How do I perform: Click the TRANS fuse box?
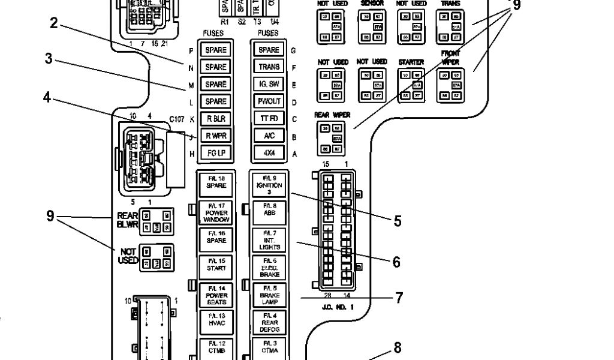tap(269, 67)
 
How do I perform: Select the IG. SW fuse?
tap(269, 85)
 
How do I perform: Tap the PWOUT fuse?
tap(269, 102)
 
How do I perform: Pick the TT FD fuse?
tap(269, 119)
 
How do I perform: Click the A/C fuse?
tap(269, 136)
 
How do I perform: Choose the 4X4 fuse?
tap(269, 154)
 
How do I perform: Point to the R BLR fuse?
tap(216, 119)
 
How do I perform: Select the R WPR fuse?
tap(216, 136)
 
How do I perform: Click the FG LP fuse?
tap(216, 154)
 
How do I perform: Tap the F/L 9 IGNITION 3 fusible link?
tap(269, 184)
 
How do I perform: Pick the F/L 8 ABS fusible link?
tap(269, 212)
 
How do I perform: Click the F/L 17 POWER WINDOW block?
tap(216, 212)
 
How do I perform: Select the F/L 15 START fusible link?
tap(216, 268)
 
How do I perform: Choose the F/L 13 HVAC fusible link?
tap(216, 323)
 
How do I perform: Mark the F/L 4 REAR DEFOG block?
tap(269, 323)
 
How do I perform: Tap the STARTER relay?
tap(411, 86)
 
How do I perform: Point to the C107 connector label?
tap(176, 119)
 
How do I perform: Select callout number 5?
tap(398, 221)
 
